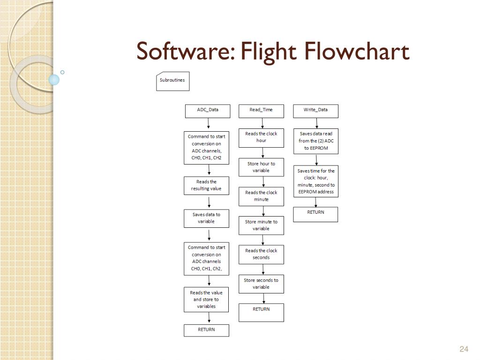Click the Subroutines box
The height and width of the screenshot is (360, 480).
point(172,81)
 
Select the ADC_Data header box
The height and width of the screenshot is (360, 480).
point(207,111)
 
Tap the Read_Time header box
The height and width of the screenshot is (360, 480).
point(261,111)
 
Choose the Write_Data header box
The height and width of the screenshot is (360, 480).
point(315,111)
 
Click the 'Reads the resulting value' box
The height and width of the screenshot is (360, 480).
point(206,185)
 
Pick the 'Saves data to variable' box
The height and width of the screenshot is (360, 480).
point(206,218)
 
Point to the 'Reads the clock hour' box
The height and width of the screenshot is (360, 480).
point(261,137)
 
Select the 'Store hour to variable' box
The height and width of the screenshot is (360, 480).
point(261,167)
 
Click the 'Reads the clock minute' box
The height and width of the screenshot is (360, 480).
point(261,196)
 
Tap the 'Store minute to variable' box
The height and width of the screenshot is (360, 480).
point(261,225)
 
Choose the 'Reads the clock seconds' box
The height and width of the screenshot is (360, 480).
point(261,254)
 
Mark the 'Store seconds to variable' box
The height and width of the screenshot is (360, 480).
point(261,284)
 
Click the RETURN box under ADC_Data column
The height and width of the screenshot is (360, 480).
point(206,330)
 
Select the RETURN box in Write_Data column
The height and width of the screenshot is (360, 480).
point(315,214)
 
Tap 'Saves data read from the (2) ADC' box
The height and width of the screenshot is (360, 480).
point(315,141)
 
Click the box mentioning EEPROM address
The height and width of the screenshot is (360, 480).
point(315,181)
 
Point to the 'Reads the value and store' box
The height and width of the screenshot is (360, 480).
point(206,300)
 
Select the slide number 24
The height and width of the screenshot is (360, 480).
point(464,349)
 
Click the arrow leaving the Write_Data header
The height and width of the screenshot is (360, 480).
point(316,123)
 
